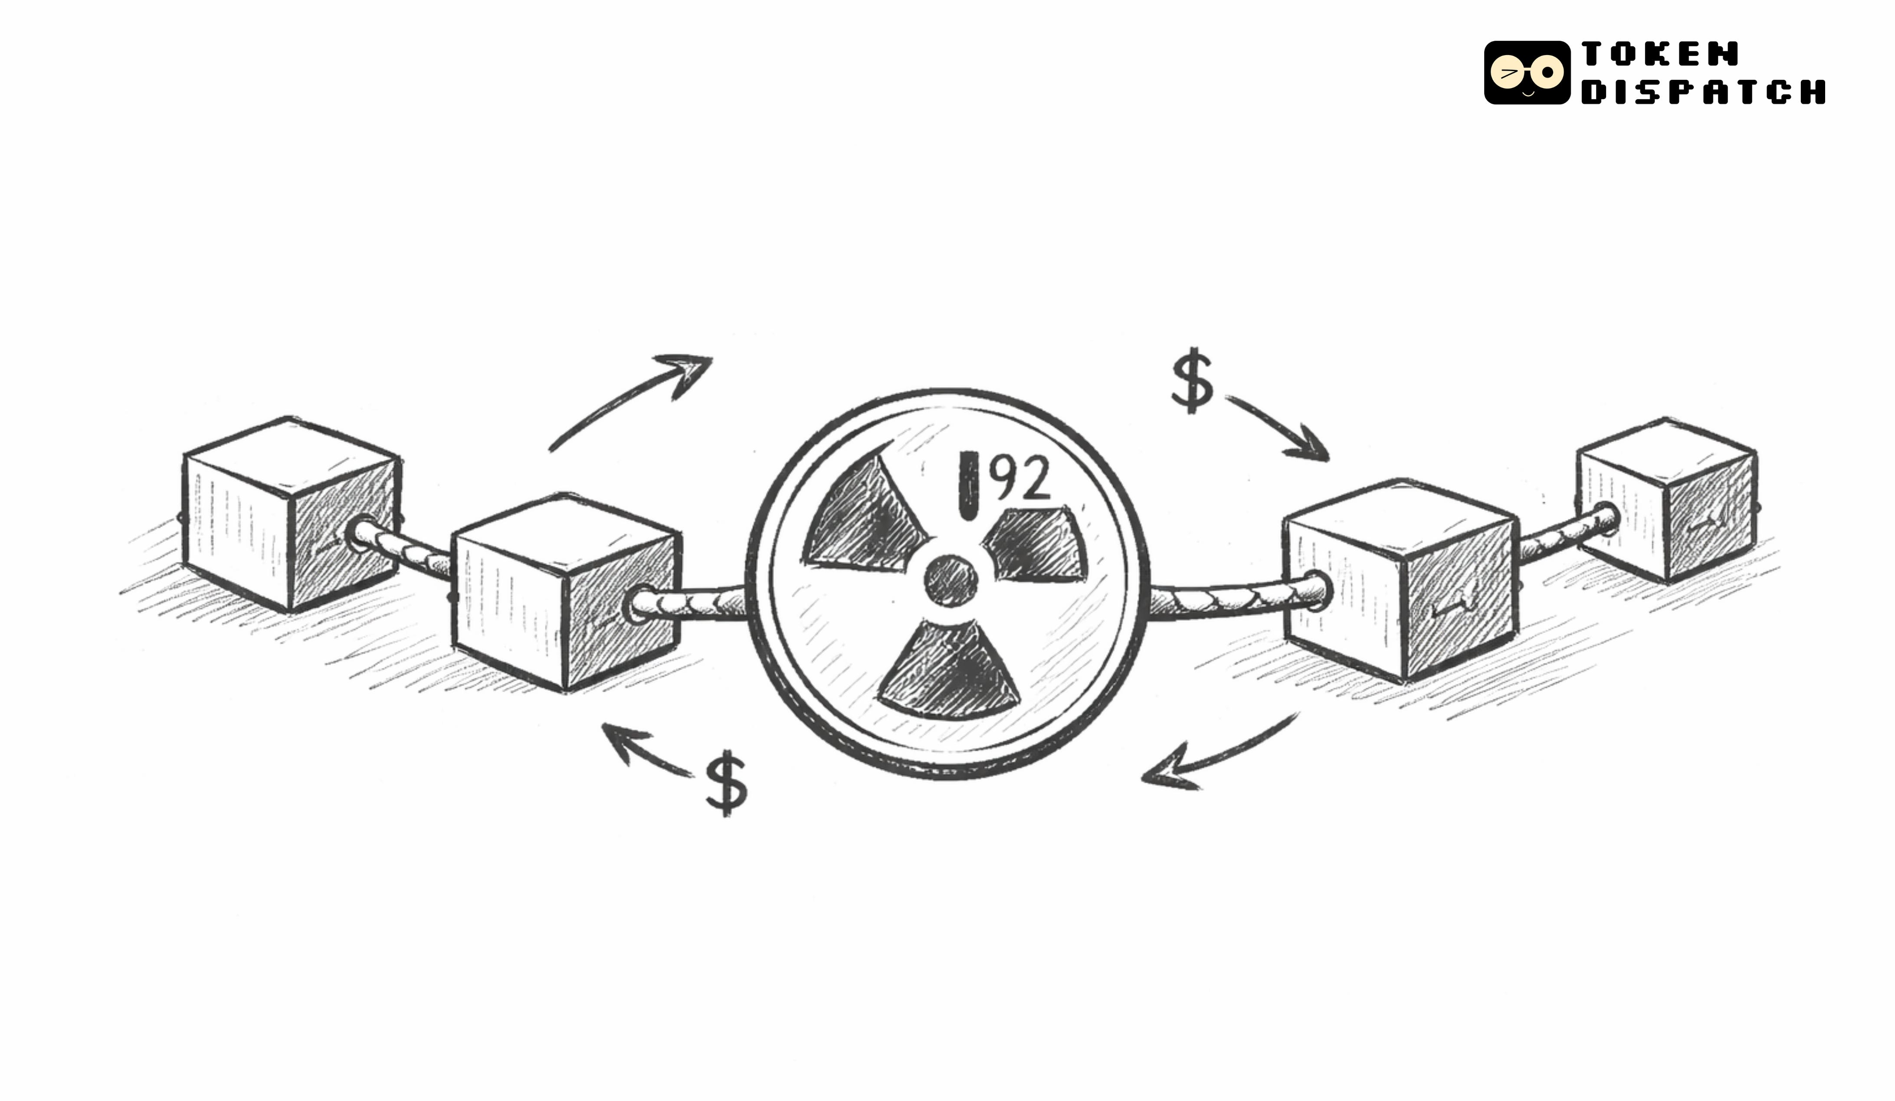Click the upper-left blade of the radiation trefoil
(865, 518)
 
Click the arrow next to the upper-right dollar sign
(1279, 428)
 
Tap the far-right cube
(1666, 500)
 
